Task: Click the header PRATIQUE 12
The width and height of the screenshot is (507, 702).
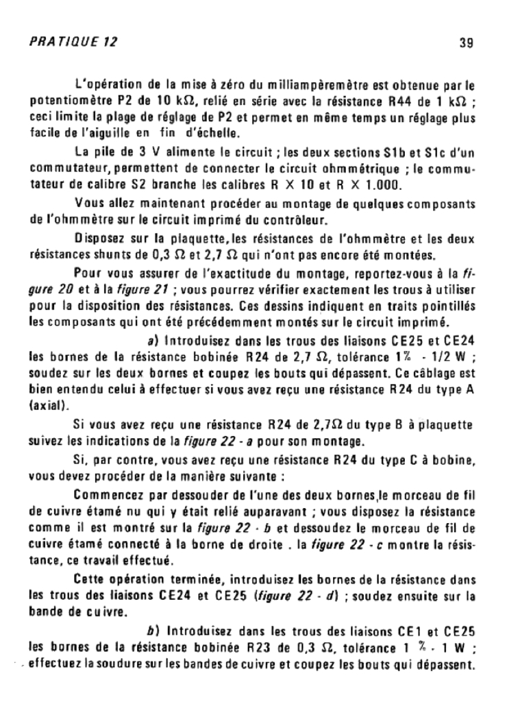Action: [73, 42]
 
